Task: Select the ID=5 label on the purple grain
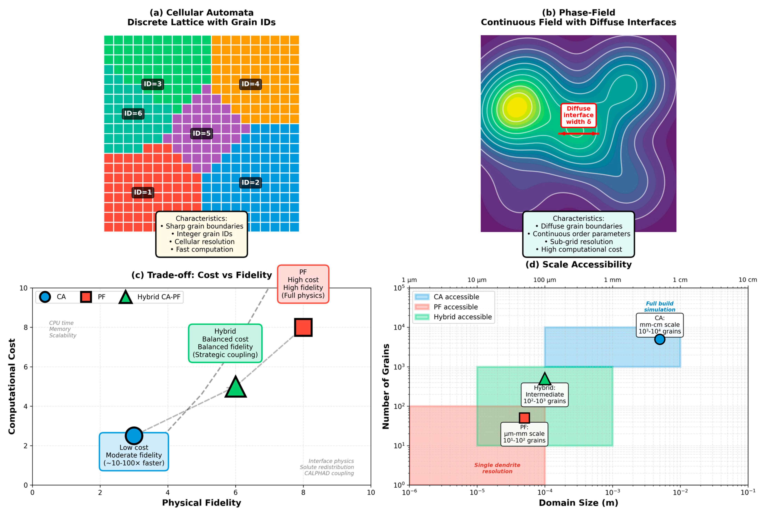point(201,134)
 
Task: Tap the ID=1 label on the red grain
point(143,192)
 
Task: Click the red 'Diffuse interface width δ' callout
point(578,115)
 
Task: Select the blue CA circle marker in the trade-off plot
point(134,436)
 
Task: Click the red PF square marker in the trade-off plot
point(303,327)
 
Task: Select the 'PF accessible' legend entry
point(455,307)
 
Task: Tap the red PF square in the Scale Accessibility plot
point(524,418)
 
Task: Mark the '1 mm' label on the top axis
point(612,280)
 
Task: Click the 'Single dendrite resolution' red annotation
point(497,468)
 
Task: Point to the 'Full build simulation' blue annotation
point(659,307)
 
